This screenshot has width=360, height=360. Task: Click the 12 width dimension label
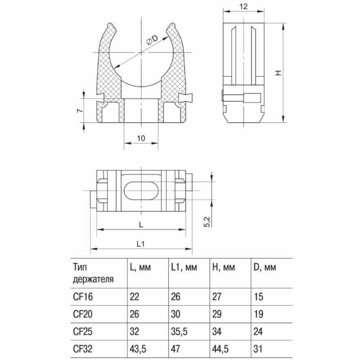pyautogui.click(x=243, y=6)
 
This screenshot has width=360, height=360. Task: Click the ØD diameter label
pyautogui.click(x=152, y=40)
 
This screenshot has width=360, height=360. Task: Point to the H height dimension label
pyautogui.click(x=278, y=73)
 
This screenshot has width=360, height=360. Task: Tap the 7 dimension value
pyautogui.click(x=79, y=110)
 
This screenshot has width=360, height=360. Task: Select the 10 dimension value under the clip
pyautogui.click(x=141, y=138)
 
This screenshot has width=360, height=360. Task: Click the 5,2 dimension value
pyautogui.click(x=207, y=222)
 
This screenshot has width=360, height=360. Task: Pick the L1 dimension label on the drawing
pyautogui.click(x=140, y=244)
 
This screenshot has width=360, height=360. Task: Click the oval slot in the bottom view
pyautogui.click(x=141, y=190)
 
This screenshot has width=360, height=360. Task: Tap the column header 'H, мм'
pyautogui.click(x=223, y=267)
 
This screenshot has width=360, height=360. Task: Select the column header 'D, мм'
pyautogui.click(x=265, y=267)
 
